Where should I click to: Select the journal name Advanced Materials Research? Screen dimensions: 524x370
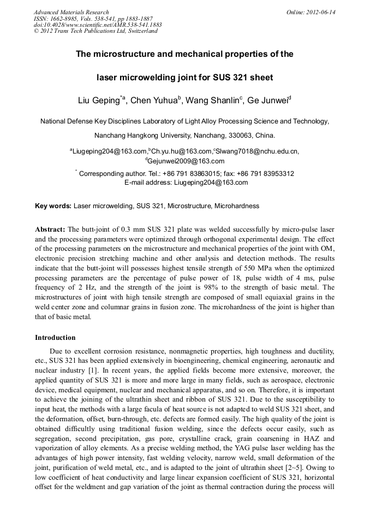click(71, 12)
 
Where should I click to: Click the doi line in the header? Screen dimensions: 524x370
click(98, 25)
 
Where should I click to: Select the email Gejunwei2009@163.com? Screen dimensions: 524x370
click(186, 161)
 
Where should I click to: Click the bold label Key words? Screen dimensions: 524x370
click(53, 206)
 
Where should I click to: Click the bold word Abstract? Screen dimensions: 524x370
click(50, 228)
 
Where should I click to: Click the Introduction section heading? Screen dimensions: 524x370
click(55, 338)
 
